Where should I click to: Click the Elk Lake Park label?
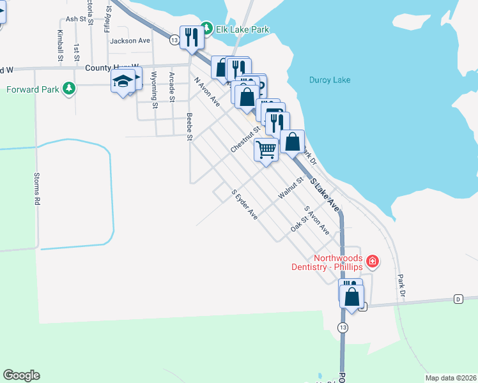(242, 29)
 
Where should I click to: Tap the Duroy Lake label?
(329, 80)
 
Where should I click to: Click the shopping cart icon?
(265, 150)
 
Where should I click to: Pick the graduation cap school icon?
(123, 82)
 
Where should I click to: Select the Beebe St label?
(189, 128)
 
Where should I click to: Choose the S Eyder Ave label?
(244, 205)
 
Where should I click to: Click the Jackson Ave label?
(130, 40)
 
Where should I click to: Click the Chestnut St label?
(246, 139)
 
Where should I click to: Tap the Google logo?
(21, 375)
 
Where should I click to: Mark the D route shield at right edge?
(458, 299)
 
